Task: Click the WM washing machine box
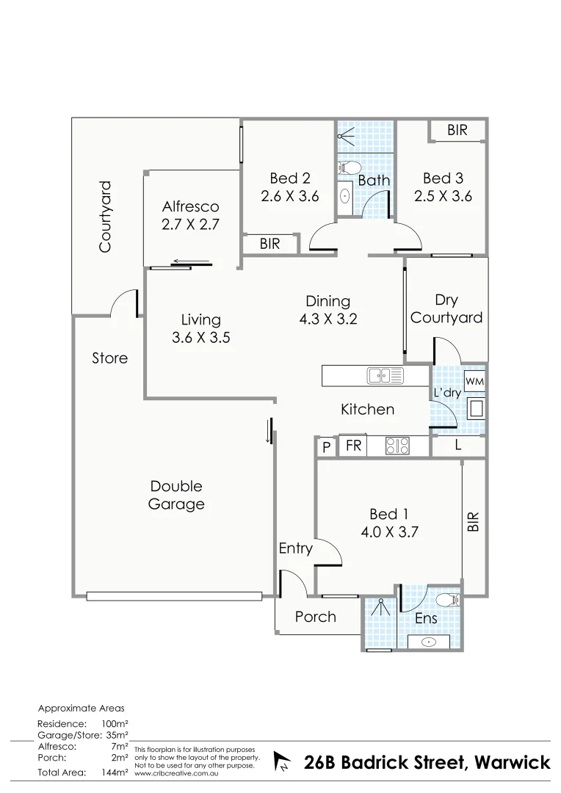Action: click(474, 382)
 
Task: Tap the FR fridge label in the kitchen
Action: click(353, 446)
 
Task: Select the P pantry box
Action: click(326, 446)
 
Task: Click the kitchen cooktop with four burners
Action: click(397, 445)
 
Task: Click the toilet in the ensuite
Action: click(446, 601)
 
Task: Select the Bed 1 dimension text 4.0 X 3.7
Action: click(388, 533)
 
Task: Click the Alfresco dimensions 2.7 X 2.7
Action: click(191, 225)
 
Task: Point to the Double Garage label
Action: click(176, 496)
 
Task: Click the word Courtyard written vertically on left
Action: click(106, 217)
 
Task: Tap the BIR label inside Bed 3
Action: click(457, 130)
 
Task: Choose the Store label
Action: click(109, 358)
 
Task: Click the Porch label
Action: click(315, 617)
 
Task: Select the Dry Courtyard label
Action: click(446, 309)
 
